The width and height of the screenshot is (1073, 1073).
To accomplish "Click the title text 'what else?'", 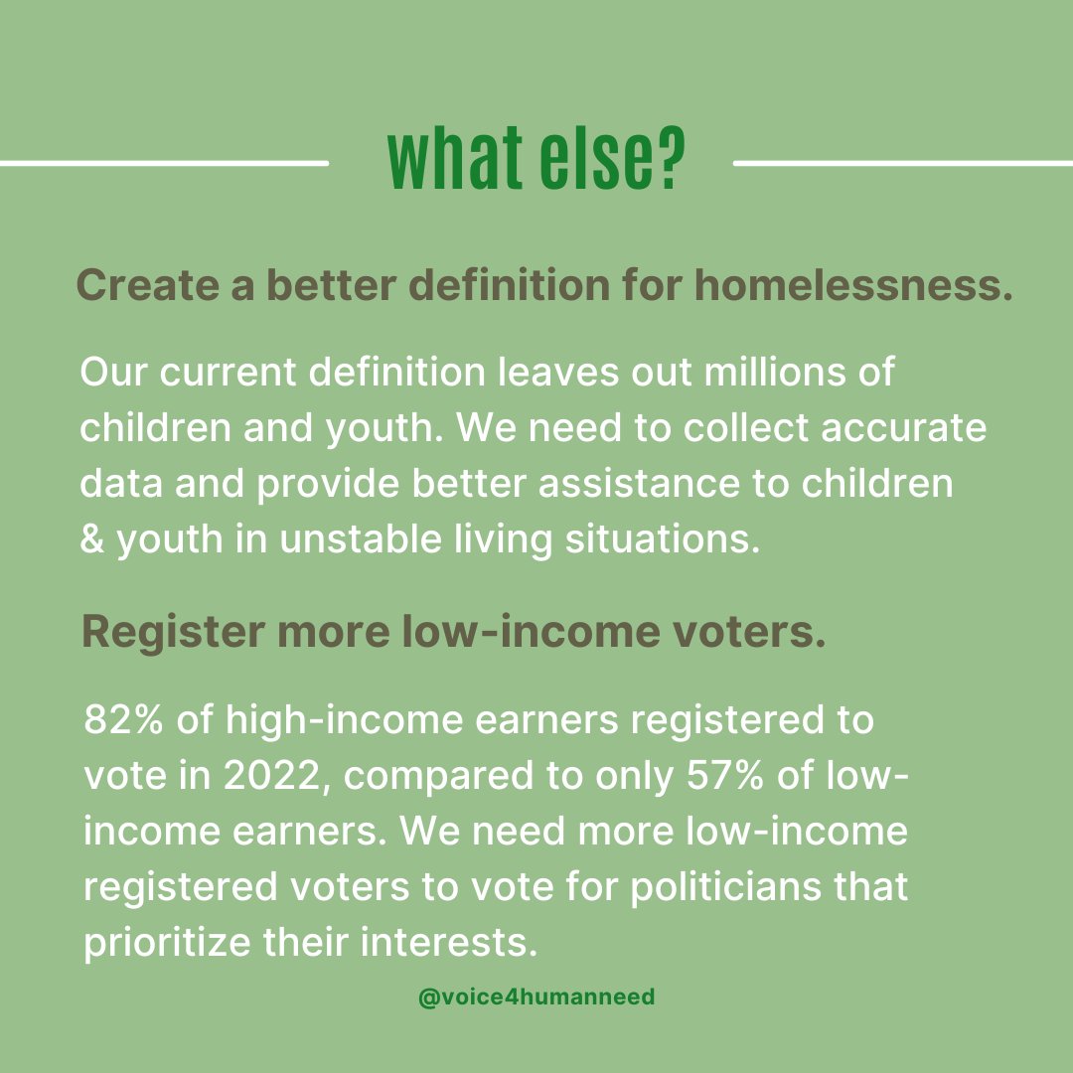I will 536,159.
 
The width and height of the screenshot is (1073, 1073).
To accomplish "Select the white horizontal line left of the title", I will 164,162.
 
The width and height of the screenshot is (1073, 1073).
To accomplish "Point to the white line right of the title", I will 902,162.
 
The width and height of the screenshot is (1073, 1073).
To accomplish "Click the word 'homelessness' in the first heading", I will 852,286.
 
